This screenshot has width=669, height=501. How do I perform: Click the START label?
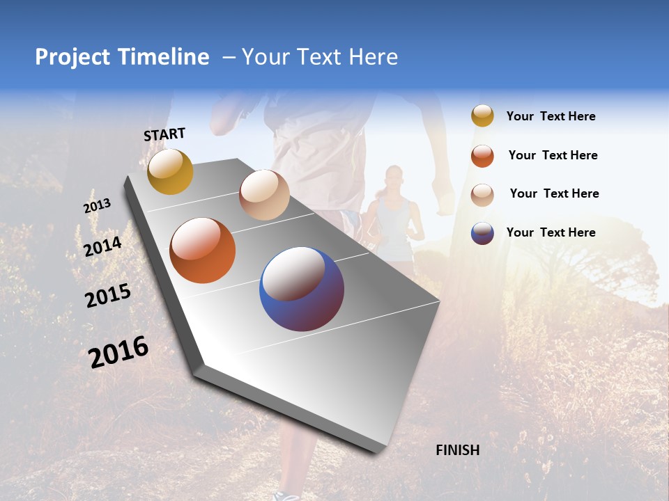[164, 134]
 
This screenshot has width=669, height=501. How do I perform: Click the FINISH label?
[457, 450]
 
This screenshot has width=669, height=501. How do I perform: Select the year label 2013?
[97, 206]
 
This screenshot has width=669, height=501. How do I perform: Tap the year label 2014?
[102, 246]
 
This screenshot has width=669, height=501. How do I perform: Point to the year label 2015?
[108, 295]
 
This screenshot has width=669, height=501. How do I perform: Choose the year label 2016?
[118, 351]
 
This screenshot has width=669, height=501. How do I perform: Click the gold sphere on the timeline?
[170, 171]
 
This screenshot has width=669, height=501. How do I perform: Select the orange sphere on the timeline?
[202, 250]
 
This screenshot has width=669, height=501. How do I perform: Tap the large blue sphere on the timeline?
[302, 289]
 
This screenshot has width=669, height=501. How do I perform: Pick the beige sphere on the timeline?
[264, 195]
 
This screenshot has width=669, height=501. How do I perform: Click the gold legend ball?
[482, 116]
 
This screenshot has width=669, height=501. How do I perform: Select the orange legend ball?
[482, 156]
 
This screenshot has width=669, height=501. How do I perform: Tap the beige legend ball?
[482, 194]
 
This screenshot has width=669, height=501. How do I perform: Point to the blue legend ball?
[482, 233]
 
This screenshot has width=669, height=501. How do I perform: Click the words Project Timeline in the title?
[122, 57]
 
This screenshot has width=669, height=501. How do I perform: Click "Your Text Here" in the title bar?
[319, 57]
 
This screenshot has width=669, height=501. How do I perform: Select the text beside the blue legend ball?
[551, 232]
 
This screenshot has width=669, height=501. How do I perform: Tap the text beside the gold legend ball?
[551, 116]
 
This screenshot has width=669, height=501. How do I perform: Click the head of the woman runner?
[394, 177]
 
